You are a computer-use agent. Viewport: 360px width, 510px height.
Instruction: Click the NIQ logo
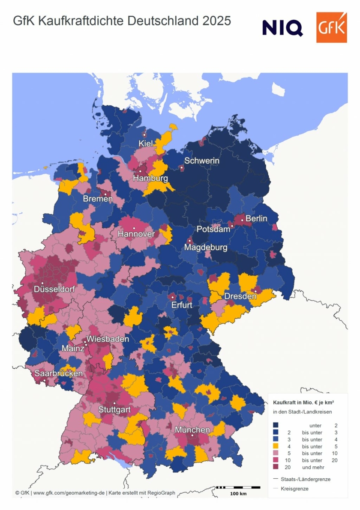(x=282, y=28)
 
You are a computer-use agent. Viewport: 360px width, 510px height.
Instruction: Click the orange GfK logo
(x=331, y=27)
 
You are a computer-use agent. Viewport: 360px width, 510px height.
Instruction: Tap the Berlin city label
(x=256, y=218)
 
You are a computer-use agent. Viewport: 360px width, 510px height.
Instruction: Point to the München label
(x=192, y=429)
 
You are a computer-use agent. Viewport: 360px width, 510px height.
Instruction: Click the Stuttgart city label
(x=114, y=409)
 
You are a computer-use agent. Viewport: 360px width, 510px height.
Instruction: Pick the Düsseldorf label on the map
(x=54, y=289)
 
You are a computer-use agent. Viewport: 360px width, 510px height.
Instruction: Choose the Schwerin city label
(x=202, y=161)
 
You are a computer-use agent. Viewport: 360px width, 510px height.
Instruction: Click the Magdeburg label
(x=206, y=247)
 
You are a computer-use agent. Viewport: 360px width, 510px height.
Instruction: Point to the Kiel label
(x=146, y=143)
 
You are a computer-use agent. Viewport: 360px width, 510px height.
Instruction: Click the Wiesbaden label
(x=108, y=339)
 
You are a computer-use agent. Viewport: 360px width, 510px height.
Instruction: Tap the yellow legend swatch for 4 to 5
(x=276, y=446)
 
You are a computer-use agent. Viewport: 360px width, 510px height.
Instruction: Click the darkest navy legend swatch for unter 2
(x=276, y=425)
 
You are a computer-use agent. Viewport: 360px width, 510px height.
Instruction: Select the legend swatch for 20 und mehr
(x=276, y=467)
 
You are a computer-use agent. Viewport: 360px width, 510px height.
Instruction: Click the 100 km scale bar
(x=238, y=488)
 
